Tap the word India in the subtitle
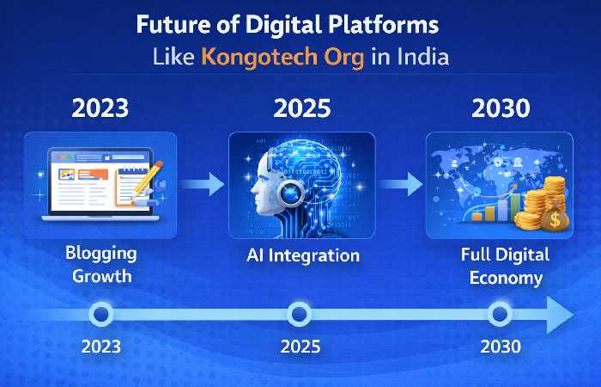tap(418, 58)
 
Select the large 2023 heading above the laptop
tap(100, 108)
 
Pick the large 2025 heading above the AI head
tap(301, 108)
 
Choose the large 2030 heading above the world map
tap(501, 108)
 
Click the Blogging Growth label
tap(100, 265)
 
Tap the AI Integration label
tap(301, 255)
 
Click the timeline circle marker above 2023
tap(100, 314)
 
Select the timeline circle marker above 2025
tap(299, 314)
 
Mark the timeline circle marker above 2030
tap(499, 314)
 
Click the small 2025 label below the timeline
tap(300, 347)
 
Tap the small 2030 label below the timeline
tap(500, 347)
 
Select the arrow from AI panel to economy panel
tap(401, 184)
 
